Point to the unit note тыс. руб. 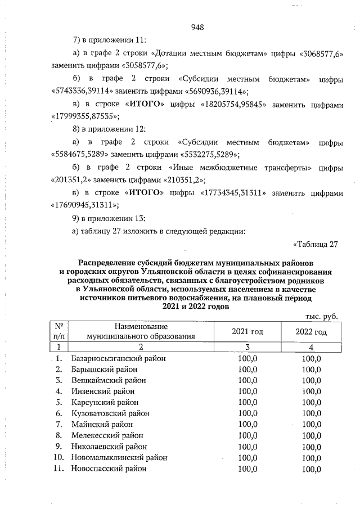(321, 317)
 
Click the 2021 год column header (247, 332)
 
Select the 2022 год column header (311, 332)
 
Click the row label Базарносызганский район (119, 358)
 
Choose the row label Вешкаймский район (109, 380)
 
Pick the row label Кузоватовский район (112, 413)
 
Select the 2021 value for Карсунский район (247, 402)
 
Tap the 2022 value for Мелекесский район (311, 435)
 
